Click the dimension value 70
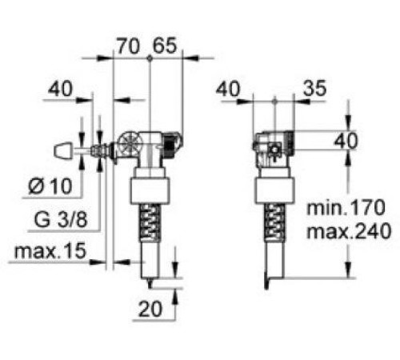[x=128, y=46]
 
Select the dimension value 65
[x=165, y=46]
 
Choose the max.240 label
[x=350, y=232]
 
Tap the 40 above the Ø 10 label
[x=62, y=88]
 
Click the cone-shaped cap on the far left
[x=62, y=150]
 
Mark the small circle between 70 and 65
[x=150, y=58]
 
